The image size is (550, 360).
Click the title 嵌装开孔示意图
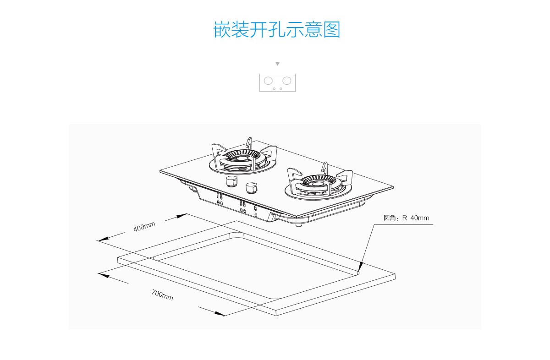277,30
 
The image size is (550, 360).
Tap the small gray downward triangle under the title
277,64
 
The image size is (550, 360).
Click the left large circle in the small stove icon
269,81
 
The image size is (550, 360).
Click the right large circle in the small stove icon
287,81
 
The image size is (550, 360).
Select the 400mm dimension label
144,226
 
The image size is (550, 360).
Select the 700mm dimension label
162,295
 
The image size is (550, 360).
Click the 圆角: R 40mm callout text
406,218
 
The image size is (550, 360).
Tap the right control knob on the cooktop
251,187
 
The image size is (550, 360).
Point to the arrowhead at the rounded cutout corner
361,266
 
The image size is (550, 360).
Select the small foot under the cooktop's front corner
299,224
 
